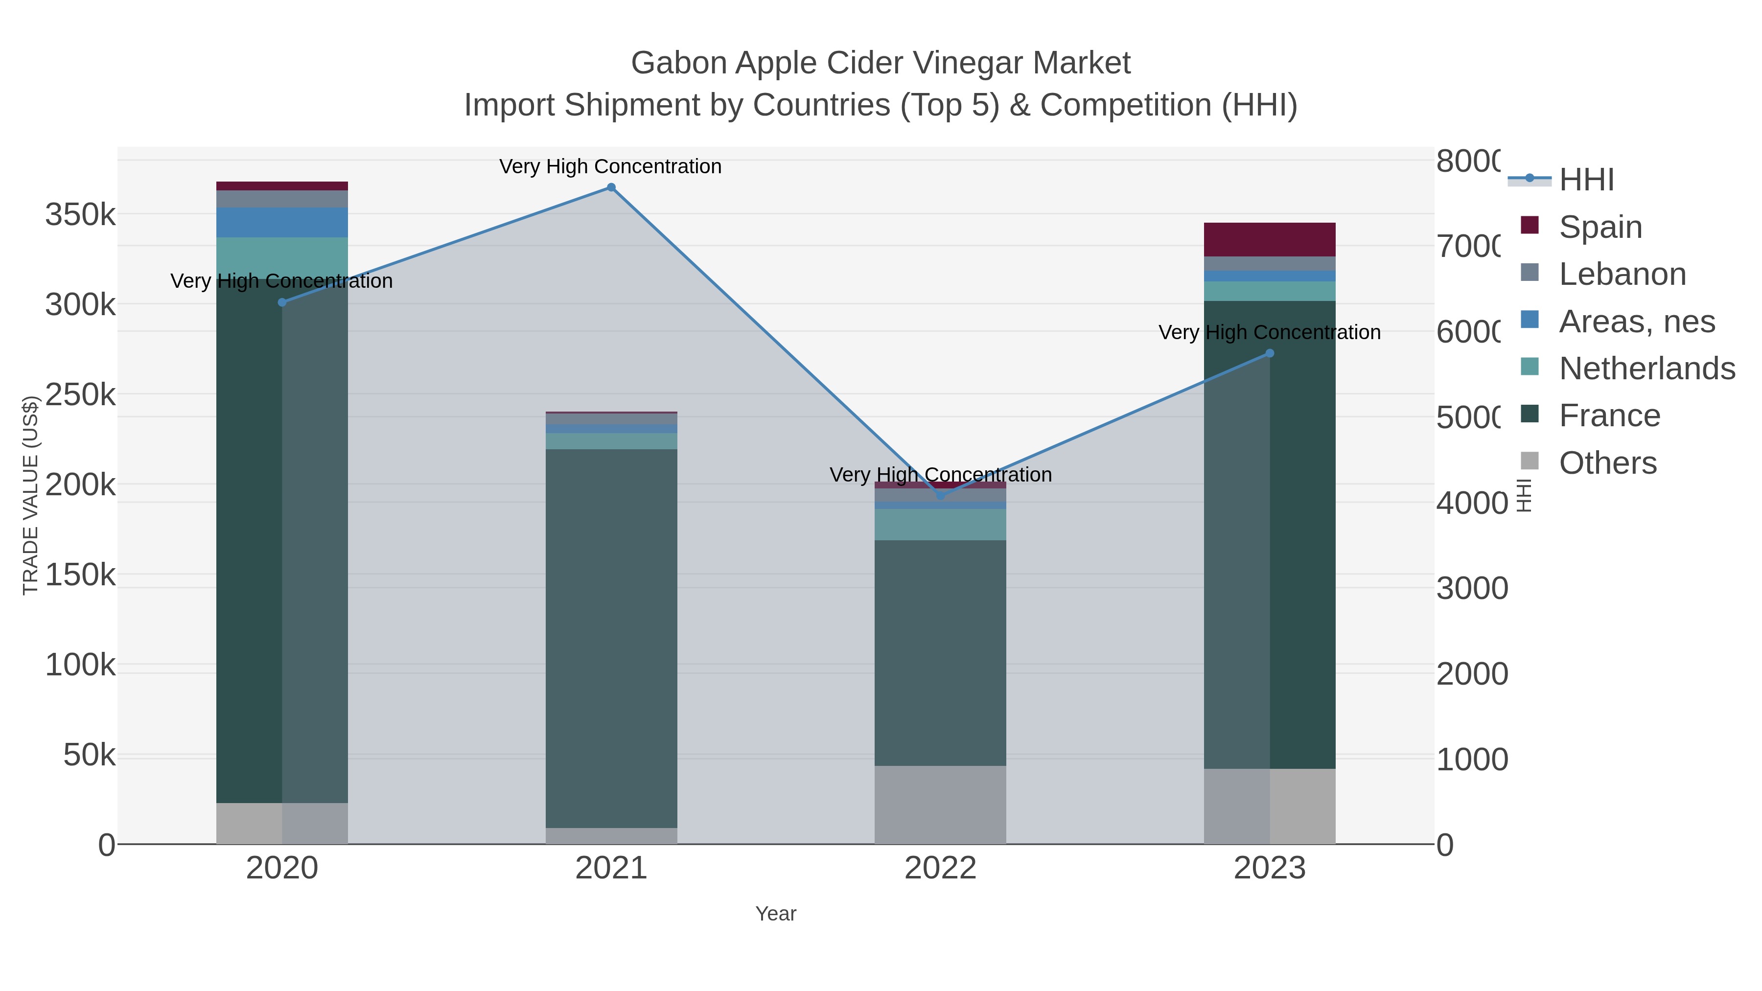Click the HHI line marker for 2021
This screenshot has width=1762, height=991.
click(611, 187)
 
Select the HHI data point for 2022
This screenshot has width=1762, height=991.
click(941, 495)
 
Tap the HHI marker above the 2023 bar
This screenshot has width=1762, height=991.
click(1270, 354)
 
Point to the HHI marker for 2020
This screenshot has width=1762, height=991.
click(282, 302)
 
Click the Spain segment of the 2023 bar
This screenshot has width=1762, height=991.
click(1270, 239)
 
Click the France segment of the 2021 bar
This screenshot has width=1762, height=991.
click(611, 636)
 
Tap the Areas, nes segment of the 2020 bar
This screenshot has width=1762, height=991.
click(282, 222)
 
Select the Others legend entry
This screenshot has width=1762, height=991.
click(1607, 463)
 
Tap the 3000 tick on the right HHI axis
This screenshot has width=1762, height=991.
click(1471, 588)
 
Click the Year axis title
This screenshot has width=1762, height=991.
click(776, 914)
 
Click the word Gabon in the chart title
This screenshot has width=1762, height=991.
click(678, 63)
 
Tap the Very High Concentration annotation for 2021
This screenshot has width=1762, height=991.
click(610, 166)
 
